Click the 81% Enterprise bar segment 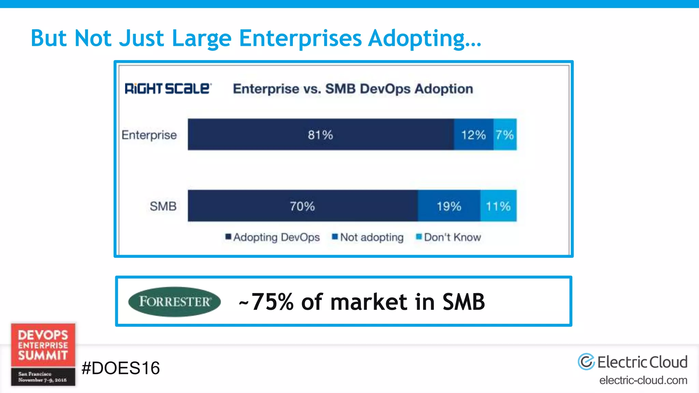[320, 135]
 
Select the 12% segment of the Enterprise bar [473, 135]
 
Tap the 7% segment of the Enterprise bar [505, 135]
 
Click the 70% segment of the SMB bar [302, 206]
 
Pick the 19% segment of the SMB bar [449, 206]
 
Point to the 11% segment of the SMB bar [498, 206]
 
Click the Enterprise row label [149, 135]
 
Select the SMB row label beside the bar [163, 206]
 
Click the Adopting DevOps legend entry [273, 237]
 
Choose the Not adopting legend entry [368, 237]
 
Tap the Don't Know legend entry [448, 237]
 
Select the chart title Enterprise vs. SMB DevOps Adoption [353, 89]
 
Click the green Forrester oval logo [174, 302]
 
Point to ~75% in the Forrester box [267, 302]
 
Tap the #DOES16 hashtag [120, 368]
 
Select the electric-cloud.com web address [643, 380]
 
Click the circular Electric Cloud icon [586, 362]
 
